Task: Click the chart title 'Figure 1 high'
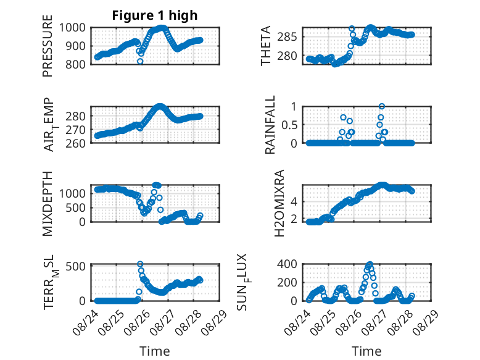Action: tap(155, 15)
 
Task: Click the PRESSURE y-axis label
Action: tap(48, 46)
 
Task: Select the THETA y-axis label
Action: tap(266, 46)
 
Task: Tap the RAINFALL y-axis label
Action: tap(270, 125)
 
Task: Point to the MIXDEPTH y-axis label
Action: tap(48, 203)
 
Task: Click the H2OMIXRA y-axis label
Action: tap(279, 203)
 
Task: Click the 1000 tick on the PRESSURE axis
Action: tap(72, 28)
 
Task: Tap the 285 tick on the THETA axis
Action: tap(287, 37)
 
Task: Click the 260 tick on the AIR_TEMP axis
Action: tap(75, 143)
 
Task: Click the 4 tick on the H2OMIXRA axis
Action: tap(294, 201)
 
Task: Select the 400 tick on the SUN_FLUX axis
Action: tap(287, 264)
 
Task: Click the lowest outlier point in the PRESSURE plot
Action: tap(140, 61)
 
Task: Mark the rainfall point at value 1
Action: tap(382, 106)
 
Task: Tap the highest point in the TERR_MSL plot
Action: tap(140, 264)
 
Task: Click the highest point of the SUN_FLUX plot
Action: tap(370, 264)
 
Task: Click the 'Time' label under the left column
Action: tap(155, 351)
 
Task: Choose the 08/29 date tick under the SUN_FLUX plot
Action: tap(426, 322)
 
